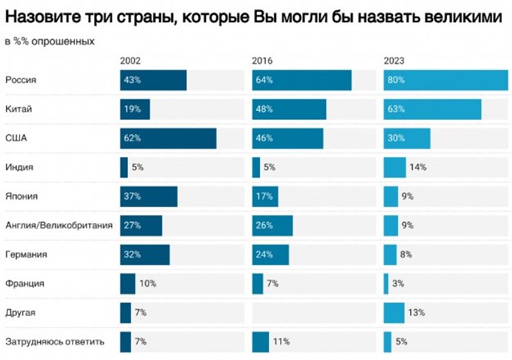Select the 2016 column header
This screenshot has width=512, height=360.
262,60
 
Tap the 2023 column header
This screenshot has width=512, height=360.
394,60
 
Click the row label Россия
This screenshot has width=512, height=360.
21,80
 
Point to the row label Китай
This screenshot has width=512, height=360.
19,109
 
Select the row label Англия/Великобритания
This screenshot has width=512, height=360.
59,226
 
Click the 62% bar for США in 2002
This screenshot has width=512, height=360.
168,138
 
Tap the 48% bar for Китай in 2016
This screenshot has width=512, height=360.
289,109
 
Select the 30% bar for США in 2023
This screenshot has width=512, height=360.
407,138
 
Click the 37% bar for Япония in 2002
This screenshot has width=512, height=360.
149,197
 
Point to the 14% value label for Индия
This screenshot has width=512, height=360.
417,168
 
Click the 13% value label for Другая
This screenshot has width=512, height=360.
416,313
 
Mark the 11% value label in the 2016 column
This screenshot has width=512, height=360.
281,342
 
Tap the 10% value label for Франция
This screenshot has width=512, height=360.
147,284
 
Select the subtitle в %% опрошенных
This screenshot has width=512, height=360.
49,42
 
